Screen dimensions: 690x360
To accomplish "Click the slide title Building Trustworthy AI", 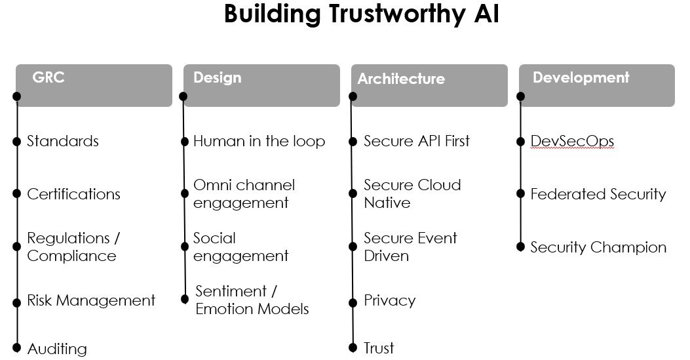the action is point(361,14).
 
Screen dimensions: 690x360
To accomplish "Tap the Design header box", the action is point(262,85).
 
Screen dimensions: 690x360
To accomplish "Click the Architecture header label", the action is point(401,79).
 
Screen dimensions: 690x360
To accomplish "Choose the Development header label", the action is point(581,77).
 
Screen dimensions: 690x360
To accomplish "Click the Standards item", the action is point(63,141).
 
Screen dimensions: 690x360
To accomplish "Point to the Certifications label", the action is point(73,194).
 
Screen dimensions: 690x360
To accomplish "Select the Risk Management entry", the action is point(91,300).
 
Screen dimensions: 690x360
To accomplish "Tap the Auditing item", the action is point(57,349).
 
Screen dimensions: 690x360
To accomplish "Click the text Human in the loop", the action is point(259,141).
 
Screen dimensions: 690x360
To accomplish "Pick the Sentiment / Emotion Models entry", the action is point(252,300).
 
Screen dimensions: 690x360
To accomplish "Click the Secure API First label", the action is point(417,141).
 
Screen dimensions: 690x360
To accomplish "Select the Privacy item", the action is point(389,300).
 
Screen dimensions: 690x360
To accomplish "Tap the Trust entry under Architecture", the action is point(379,348).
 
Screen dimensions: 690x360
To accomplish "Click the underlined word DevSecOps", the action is point(572,141).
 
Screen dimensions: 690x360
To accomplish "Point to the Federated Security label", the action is point(598,194).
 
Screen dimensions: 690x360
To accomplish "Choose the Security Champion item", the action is point(598,247).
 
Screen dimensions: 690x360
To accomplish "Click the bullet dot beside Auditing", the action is point(17,348).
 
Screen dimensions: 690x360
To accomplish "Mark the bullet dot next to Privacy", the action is point(353,303).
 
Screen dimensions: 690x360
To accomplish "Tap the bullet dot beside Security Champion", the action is point(520,247).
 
